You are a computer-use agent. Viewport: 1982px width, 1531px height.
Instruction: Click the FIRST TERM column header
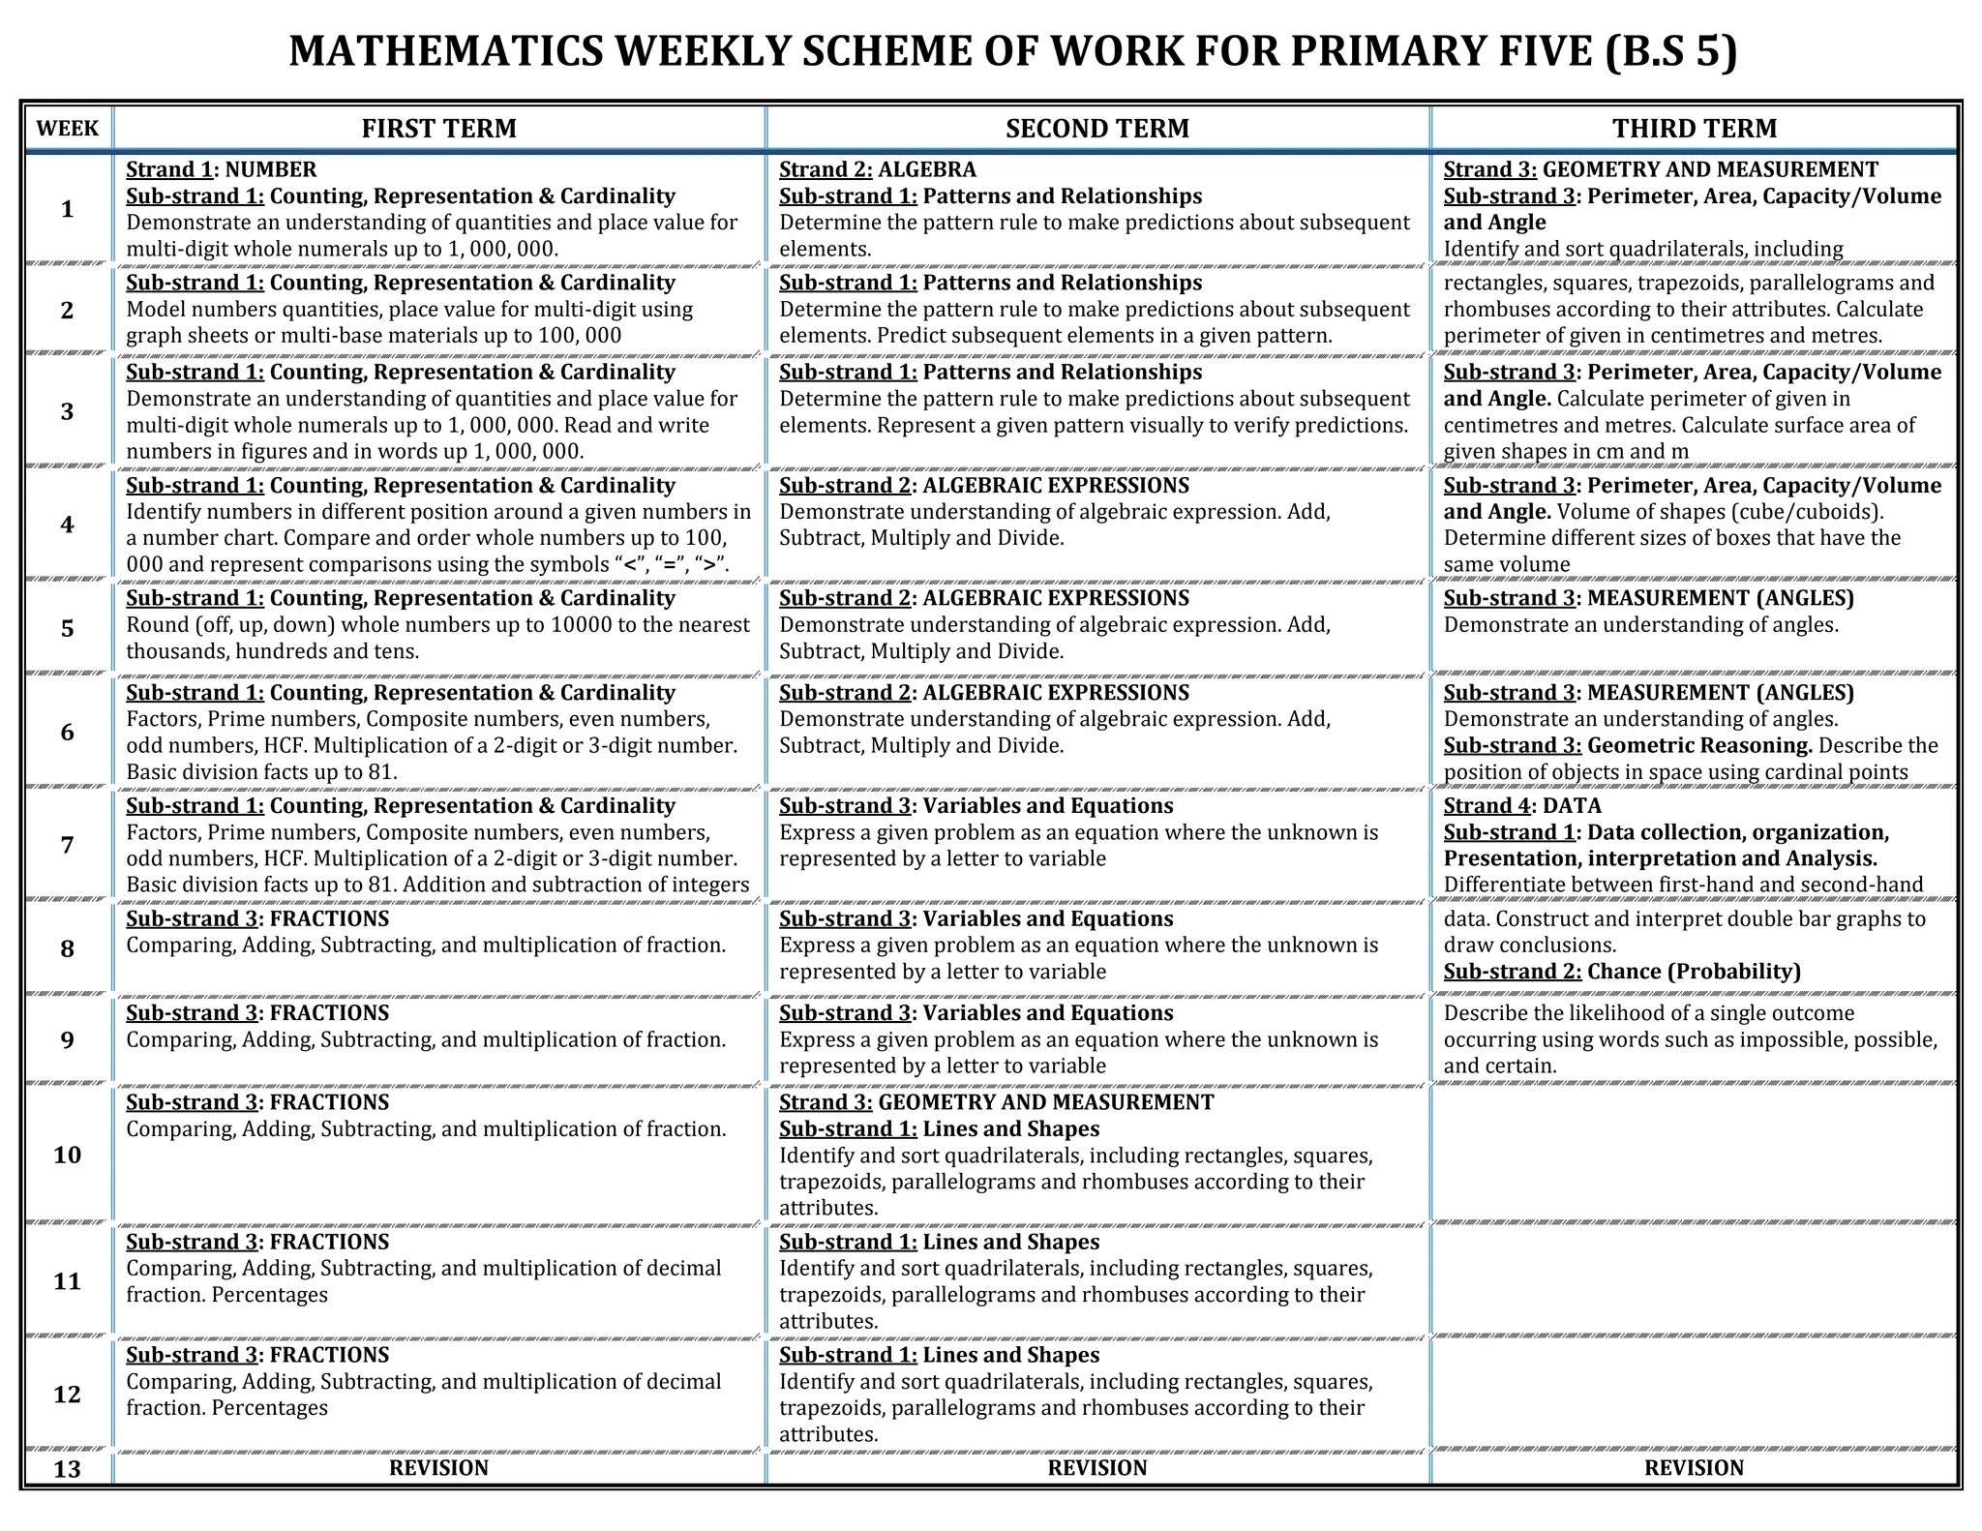coord(438,129)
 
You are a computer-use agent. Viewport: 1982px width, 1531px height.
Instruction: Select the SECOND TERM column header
coord(1096,129)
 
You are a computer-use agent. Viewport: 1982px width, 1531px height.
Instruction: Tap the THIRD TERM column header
coord(1694,129)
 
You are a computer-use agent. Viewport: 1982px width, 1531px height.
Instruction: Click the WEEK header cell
coord(67,129)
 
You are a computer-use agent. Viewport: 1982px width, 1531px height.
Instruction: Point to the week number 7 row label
coord(67,845)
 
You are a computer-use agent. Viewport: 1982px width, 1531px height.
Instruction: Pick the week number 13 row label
coord(67,1469)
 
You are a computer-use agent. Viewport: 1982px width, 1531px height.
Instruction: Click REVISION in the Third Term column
coord(1694,1468)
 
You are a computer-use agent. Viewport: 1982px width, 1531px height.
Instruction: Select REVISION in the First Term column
coord(438,1468)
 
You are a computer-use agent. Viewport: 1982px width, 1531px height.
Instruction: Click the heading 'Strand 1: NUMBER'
coord(222,169)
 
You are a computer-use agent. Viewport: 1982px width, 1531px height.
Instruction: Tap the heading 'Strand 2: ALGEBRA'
coord(877,169)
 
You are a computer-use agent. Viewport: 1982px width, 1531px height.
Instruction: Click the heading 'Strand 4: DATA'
coord(1521,805)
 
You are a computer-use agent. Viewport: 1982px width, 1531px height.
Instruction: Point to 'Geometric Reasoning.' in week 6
coord(1699,745)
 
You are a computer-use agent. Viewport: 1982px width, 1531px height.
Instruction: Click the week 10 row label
coord(67,1155)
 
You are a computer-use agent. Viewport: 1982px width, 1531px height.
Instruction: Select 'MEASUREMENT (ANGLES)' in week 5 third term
coord(1720,598)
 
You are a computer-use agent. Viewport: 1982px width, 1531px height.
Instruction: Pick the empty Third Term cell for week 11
coord(1694,1279)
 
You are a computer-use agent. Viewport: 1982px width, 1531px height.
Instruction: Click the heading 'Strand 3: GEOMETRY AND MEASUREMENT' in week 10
coord(996,1102)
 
